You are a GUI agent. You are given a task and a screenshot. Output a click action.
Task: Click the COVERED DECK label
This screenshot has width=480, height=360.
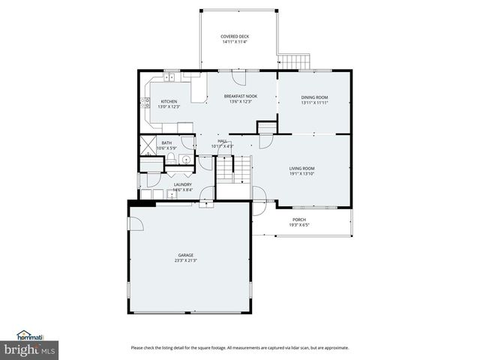(235, 36)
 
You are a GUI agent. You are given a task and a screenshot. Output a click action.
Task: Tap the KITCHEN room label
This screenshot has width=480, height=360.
(169, 101)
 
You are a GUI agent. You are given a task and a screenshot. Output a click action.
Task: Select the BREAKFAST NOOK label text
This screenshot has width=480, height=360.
(241, 97)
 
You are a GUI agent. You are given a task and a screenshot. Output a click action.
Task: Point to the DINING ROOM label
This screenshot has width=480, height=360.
(314, 97)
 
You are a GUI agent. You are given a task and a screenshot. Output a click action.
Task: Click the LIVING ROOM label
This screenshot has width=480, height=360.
(301, 169)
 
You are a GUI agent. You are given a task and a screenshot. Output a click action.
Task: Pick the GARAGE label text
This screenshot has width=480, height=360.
(185, 255)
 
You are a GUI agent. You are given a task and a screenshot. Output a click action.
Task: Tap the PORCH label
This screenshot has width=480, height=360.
(299, 220)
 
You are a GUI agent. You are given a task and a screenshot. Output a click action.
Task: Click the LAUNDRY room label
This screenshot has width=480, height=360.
(182, 184)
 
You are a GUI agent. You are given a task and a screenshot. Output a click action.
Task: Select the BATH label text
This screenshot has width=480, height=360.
(166, 142)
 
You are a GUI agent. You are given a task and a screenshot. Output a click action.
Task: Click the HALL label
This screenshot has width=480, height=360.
(222, 140)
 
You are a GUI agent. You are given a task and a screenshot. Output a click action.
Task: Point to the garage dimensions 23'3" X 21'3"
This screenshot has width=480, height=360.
(185, 261)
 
